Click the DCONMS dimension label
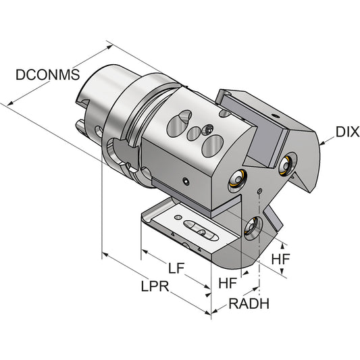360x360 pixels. point(47,74)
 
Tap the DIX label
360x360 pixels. point(347,132)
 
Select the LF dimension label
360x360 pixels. point(176,268)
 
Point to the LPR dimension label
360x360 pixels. point(155,286)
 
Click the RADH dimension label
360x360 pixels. point(249,303)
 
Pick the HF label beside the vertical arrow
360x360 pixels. point(280,259)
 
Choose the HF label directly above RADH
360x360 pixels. point(228,282)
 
